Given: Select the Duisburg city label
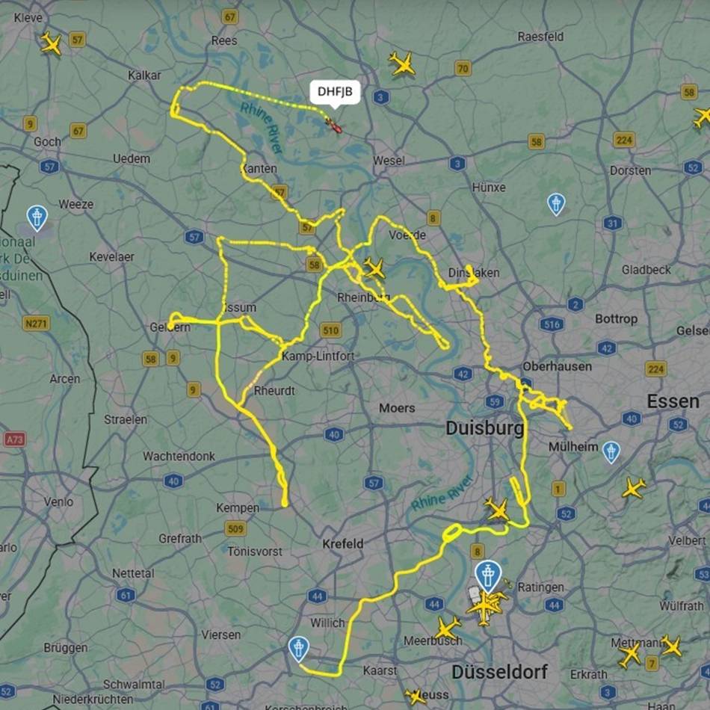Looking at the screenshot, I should click(x=484, y=428).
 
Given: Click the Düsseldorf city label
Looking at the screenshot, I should click(x=499, y=670).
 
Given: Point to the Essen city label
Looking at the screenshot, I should click(x=673, y=402).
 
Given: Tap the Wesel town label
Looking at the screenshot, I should click(x=389, y=161).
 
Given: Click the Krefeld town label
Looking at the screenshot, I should click(x=342, y=543).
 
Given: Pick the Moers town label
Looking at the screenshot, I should click(x=396, y=408).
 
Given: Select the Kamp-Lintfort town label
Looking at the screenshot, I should click(x=318, y=356).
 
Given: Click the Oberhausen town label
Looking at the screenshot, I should click(x=557, y=366).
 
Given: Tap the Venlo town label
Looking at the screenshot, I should click(x=58, y=502).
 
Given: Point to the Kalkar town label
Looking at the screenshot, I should click(x=144, y=75).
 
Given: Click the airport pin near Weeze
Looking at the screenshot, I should click(x=37, y=217).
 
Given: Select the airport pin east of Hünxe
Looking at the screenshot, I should click(x=556, y=203).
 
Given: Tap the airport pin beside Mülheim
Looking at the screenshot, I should click(x=611, y=451).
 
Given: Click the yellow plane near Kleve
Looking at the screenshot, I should click(x=51, y=43).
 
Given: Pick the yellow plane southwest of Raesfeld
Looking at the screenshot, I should click(x=402, y=64).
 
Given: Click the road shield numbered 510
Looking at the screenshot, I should click(x=330, y=330).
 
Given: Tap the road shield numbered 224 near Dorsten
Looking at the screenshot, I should click(x=624, y=140).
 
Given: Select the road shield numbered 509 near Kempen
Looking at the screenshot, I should click(x=235, y=529).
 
